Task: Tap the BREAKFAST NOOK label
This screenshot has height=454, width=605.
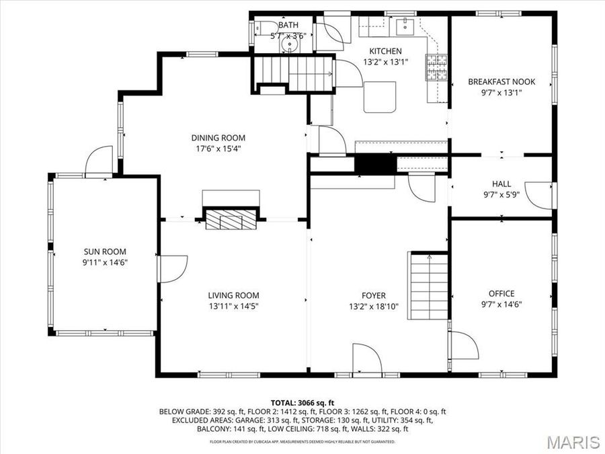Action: pyautogui.click(x=501, y=82)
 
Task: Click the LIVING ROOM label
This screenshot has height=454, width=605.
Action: pyautogui.click(x=233, y=295)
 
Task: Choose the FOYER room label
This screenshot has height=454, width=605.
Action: pyautogui.click(x=374, y=295)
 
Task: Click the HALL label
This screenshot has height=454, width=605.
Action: pyautogui.click(x=501, y=184)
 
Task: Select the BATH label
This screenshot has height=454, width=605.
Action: pyautogui.click(x=288, y=26)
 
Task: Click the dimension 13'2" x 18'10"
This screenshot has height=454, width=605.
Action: pyautogui.click(x=374, y=306)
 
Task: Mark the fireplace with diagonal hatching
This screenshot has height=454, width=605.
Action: pyautogui.click(x=231, y=219)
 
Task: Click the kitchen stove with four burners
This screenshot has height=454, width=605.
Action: pyautogui.click(x=436, y=66)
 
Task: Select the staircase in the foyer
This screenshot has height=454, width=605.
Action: pyautogui.click(x=429, y=286)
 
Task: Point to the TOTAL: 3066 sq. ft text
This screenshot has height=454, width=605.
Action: pyautogui.click(x=302, y=402)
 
